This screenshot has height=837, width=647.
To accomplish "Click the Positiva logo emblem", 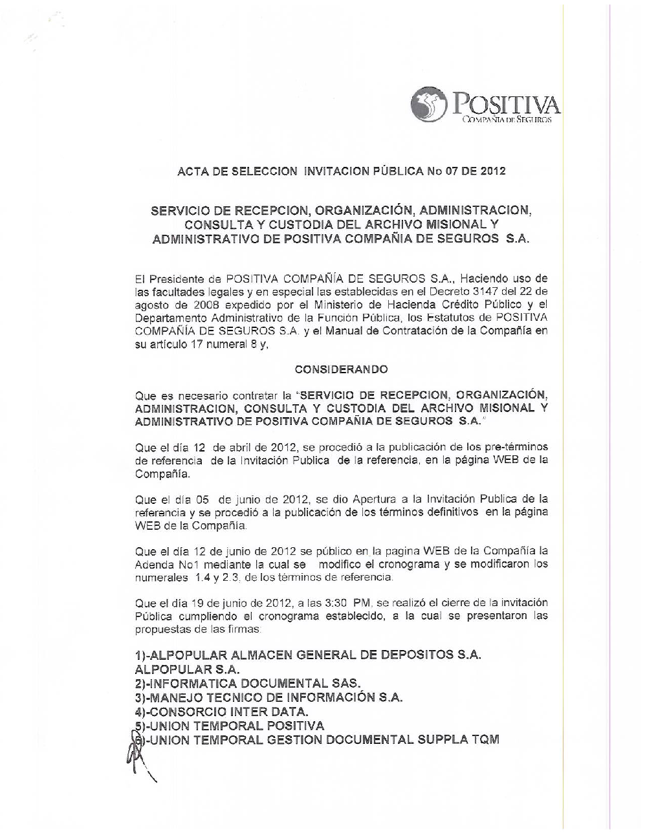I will pyautogui.click(x=430, y=104).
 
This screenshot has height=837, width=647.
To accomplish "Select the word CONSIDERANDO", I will pyautogui.click(x=341, y=369).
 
